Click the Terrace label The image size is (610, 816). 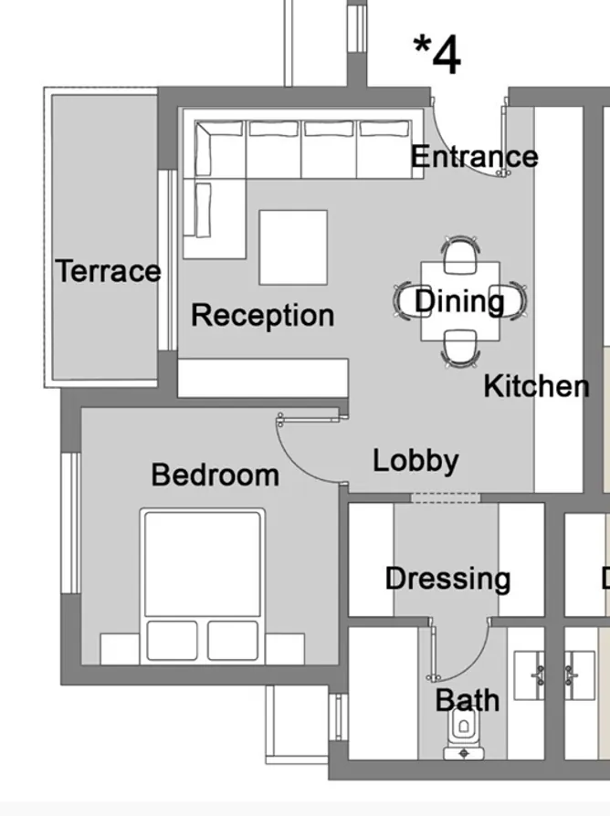pos(108,271)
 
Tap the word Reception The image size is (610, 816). pos(262,315)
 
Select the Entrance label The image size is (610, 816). pos(473,157)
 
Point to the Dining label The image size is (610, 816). pos(459,300)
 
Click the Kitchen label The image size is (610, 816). pos(536,386)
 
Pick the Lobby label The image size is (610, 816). pos(415,460)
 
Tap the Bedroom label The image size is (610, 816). pos(215,475)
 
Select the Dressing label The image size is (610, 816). pos(447,579)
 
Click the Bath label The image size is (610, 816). pos(467,700)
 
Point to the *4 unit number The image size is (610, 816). pos(437,55)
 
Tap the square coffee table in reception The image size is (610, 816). pos(292,247)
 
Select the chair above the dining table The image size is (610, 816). pos(460,253)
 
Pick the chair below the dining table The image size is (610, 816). pos(460,350)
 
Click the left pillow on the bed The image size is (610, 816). pos(171,640)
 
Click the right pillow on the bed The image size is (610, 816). pos(232,640)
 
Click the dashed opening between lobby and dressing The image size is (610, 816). pos(445,497)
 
